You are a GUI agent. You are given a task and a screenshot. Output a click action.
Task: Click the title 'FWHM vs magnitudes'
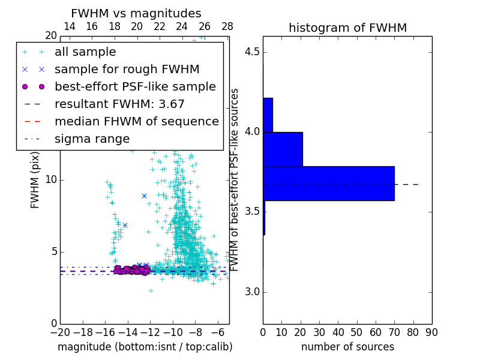[x=136, y=13]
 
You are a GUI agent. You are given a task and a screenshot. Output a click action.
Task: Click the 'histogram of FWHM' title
[x=347, y=28]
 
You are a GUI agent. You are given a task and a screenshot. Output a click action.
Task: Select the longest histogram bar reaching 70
[x=328, y=183]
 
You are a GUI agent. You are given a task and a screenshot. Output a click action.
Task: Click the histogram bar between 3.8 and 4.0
[x=283, y=149]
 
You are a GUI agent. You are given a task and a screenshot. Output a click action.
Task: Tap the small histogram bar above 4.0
[x=268, y=115]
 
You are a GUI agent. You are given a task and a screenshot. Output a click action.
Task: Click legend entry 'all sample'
[x=85, y=52]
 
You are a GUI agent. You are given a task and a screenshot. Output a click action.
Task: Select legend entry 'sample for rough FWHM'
[x=127, y=70]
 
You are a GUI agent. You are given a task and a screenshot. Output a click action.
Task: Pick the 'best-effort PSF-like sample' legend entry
[x=135, y=87]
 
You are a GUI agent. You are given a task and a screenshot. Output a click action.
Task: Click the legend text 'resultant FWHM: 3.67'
[x=119, y=104]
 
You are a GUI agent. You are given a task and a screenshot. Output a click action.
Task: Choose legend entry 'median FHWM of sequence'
[x=136, y=122]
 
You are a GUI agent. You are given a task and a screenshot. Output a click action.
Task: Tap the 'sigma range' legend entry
[x=92, y=139]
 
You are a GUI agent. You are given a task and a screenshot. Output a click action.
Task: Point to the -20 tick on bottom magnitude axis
[x=60, y=332]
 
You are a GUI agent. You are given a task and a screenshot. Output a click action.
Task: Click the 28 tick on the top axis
[x=227, y=26]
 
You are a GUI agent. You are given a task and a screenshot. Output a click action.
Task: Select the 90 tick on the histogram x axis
[x=431, y=332]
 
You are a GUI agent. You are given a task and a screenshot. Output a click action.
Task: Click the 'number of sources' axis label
[x=347, y=347]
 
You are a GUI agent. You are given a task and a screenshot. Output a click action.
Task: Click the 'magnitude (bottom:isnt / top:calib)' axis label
[x=145, y=347]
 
